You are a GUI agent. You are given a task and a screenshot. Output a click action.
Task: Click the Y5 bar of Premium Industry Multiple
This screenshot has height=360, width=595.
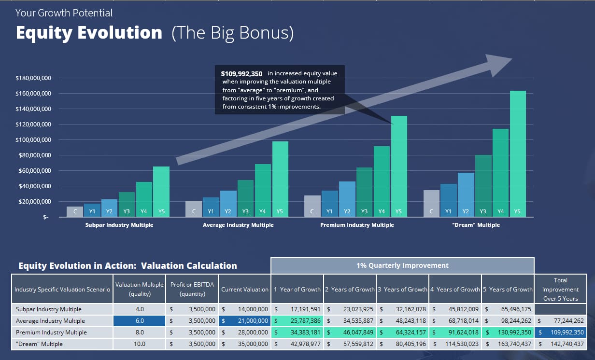point(399,166)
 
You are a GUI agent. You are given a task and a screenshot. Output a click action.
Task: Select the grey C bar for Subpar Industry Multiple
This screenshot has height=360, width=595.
point(75,212)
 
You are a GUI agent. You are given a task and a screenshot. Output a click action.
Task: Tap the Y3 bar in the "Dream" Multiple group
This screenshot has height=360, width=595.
point(483,186)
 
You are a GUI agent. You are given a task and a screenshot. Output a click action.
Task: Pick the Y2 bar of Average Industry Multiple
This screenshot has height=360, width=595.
point(228,204)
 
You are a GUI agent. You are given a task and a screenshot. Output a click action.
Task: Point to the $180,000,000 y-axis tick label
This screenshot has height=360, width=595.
point(33,78)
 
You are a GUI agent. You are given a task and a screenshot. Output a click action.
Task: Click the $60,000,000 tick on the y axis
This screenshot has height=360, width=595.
point(35,171)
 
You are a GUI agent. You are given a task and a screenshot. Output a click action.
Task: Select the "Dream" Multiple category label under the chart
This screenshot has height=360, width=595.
point(476,225)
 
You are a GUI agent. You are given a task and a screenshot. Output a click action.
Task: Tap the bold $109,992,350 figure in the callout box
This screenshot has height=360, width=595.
point(241,73)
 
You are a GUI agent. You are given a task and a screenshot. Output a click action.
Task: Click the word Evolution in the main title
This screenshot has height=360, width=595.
point(120,33)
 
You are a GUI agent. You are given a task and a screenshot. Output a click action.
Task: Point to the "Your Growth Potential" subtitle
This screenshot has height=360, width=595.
point(64,13)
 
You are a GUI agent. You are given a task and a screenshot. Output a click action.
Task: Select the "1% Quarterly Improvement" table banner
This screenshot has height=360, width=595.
point(402,265)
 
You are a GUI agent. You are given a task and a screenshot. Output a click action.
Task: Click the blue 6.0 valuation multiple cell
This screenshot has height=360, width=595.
point(140,321)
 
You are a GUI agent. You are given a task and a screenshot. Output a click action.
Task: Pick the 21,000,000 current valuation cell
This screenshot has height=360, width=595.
point(245,321)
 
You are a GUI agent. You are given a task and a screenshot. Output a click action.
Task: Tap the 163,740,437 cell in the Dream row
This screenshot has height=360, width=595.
point(508,344)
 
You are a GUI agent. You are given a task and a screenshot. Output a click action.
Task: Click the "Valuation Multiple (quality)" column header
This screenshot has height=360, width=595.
point(140,289)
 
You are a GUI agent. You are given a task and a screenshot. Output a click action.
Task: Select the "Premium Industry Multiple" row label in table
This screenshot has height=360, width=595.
point(51,332)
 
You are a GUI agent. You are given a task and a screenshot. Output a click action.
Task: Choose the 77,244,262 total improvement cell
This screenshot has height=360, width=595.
point(560,321)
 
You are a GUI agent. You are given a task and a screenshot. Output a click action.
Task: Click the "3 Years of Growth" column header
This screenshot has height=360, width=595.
point(402,290)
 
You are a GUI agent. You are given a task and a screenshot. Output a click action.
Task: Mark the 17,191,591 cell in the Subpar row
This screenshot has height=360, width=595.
point(297,309)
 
